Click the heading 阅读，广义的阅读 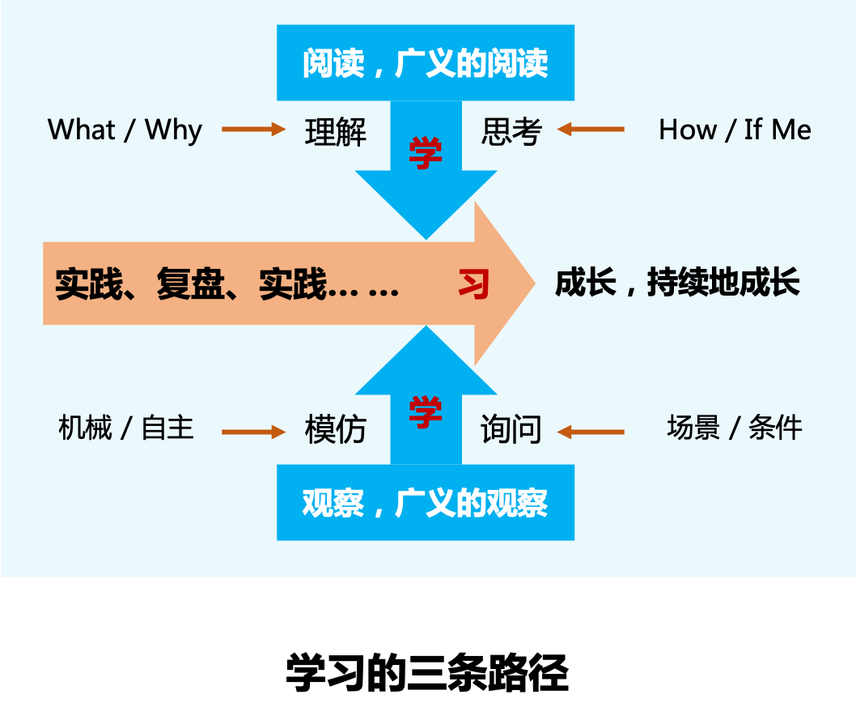pyautogui.click(x=426, y=64)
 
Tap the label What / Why pyautogui.click(x=125, y=130)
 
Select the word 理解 pyautogui.click(x=336, y=131)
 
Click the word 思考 pyautogui.click(x=511, y=131)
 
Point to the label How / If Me pyautogui.click(x=735, y=130)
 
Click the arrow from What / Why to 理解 pyautogui.click(x=253, y=130)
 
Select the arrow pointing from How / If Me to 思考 pyautogui.click(x=591, y=130)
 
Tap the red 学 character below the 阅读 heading pyautogui.click(x=426, y=154)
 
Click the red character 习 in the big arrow pyautogui.click(x=474, y=284)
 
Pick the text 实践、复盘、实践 pyautogui.click(x=191, y=284)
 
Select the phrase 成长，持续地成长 pyautogui.click(x=677, y=283)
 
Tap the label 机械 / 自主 pyautogui.click(x=126, y=428)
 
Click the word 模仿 pyautogui.click(x=336, y=430)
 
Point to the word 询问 pyautogui.click(x=511, y=430)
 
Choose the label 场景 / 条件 pyautogui.click(x=735, y=428)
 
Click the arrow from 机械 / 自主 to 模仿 pyautogui.click(x=253, y=432)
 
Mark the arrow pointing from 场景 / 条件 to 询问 pyautogui.click(x=591, y=432)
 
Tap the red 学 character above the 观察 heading pyautogui.click(x=426, y=412)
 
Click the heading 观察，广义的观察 pyautogui.click(x=426, y=504)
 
